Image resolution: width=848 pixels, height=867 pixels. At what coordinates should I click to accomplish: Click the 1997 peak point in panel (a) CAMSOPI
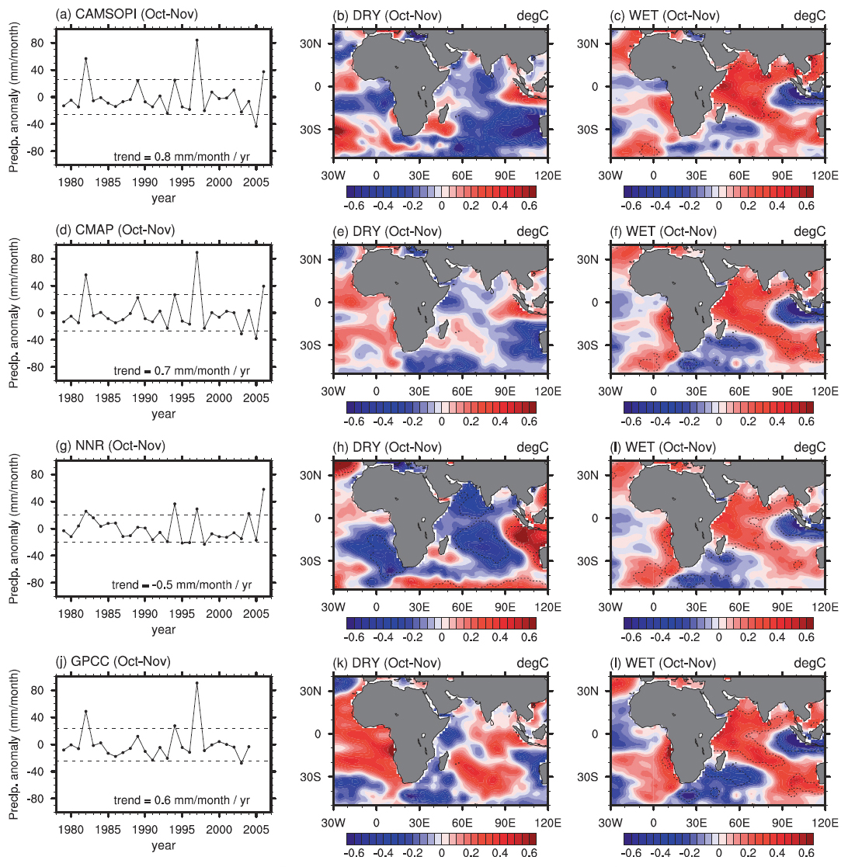pyautogui.click(x=196, y=40)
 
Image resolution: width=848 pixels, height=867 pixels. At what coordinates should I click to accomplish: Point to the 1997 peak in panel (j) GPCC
pyautogui.click(x=196, y=683)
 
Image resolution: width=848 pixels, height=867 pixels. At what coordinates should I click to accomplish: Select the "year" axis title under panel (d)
pyautogui.click(x=163, y=414)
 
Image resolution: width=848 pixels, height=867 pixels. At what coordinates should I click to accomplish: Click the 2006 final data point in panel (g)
pyautogui.click(x=263, y=489)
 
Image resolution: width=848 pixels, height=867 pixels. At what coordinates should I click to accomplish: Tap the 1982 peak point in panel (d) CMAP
pyautogui.click(x=86, y=275)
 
